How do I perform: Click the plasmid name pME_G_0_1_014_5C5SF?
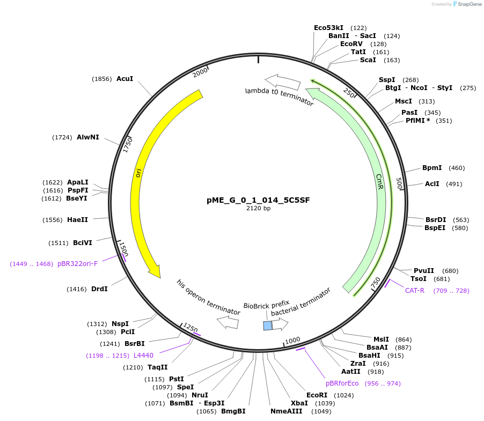(x=258, y=200)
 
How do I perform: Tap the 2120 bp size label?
(x=258, y=208)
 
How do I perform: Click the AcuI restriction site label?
(x=124, y=79)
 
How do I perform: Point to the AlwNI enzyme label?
(x=87, y=137)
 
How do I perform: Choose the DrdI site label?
(x=99, y=289)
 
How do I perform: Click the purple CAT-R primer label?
(x=415, y=291)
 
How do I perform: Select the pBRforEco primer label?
(x=342, y=383)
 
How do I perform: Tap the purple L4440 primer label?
(x=143, y=356)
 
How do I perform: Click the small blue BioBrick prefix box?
(x=267, y=326)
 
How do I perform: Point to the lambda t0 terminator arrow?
(x=282, y=82)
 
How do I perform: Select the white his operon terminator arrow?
(x=228, y=322)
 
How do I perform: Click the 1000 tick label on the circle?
(x=292, y=341)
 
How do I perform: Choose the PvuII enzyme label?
(x=424, y=271)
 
